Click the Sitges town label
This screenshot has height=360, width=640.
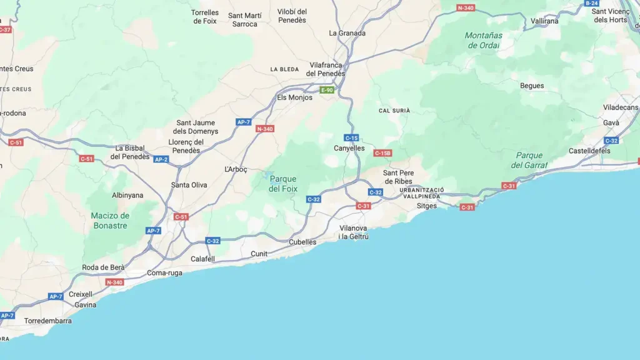tap(427, 206)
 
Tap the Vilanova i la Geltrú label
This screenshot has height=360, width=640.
tap(354, 232)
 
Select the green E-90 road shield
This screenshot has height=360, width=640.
tap(327, 90)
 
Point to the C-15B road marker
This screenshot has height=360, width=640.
tap(382, 153)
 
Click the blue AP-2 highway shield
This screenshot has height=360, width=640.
tap(161, 159)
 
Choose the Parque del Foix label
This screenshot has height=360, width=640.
tap(283, 184)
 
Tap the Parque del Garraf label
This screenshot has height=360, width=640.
tap(529, 160)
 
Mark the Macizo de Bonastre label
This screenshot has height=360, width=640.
tap(110, 221)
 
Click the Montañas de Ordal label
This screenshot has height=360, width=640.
tap(483, 40)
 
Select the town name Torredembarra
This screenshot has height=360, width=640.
tap(47, 321)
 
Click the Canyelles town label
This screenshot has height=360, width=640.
tap(349, 148)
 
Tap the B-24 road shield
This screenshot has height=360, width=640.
tap(591, 3)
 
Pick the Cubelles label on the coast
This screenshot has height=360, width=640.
tap(302, 242)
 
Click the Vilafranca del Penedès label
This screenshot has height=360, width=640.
tap(325, 69)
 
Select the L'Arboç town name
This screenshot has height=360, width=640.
tap(236, 169)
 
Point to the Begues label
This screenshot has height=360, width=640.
tap(532, 86)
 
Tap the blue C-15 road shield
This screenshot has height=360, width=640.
tap(351, 137)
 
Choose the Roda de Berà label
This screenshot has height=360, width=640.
tap(103, 267)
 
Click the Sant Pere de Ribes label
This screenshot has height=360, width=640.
tap(397, 177)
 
